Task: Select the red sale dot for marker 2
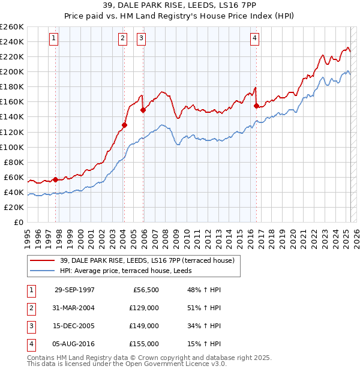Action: click(124, 125)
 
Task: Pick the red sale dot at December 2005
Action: click(143, 110)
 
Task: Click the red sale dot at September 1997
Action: click(56, 179)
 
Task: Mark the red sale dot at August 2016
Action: click(256, 106)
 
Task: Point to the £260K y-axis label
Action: click(11, 27)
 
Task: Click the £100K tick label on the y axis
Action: click(11, 147)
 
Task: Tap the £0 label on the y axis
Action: click(18, 222)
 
